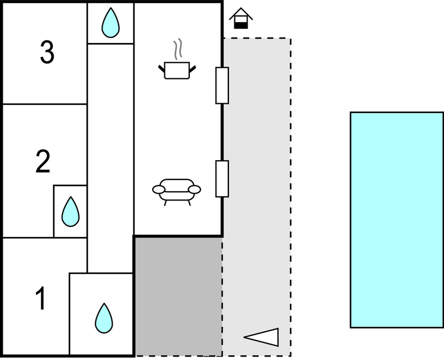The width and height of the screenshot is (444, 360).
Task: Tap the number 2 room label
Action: tap(43, 161)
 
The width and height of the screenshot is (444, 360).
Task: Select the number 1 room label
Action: tap(41, 299)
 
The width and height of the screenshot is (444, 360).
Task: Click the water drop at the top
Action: tap(111, 23)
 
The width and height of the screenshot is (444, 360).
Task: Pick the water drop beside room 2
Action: tap(70, 211)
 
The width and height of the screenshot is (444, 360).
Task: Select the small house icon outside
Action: tap(241, 18)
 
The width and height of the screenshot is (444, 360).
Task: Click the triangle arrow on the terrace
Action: tap(263, 337)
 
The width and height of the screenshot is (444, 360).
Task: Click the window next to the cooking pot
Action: tap(222, 85)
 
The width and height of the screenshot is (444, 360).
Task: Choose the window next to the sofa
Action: tap(222, 178)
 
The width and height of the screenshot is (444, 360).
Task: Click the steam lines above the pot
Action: tap(177, 49)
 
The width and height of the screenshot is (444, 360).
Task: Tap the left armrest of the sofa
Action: tap(159, 190)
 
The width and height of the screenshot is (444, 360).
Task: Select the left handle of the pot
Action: tap(162, 68)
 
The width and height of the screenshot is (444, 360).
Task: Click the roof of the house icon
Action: tap(241, 13)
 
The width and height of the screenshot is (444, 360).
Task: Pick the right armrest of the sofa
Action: tap(194, 190)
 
